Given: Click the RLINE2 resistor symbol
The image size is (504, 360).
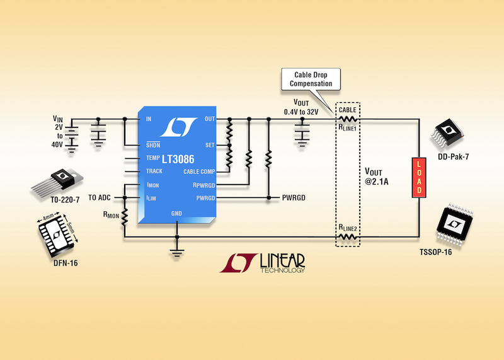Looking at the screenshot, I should tap(348, 237).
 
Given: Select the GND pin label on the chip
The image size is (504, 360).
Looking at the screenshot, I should tap(177, 213).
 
